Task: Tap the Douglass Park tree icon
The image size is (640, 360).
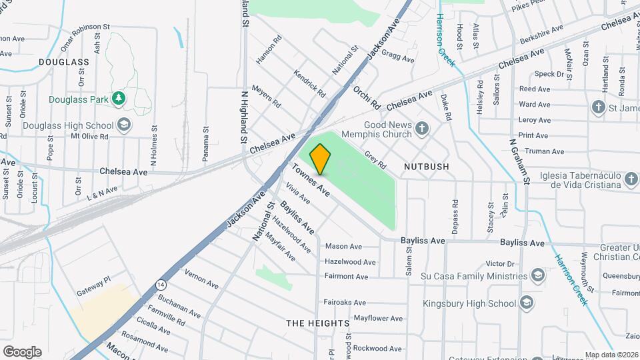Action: [x=119, y=99]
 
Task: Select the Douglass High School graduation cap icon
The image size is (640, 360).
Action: [x=123, y=125]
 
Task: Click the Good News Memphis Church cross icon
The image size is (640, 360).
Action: [x=421, y=127]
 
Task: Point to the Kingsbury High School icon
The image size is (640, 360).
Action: [x=526, y=303]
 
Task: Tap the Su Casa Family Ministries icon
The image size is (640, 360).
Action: [x=537, y=276]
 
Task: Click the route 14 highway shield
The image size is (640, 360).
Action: [x=161, y=285]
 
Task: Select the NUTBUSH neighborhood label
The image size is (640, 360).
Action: [x=426, y=166]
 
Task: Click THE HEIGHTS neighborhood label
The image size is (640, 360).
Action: [x=318, y=323]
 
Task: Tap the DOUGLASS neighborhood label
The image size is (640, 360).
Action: [x=63, y=62]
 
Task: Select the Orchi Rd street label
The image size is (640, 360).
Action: [x=366, y=97]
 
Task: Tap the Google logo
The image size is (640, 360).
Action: [x=22, y=351]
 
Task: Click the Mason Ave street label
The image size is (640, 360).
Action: [x=343, y=247]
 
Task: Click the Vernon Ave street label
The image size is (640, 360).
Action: [x=201, y=279]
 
